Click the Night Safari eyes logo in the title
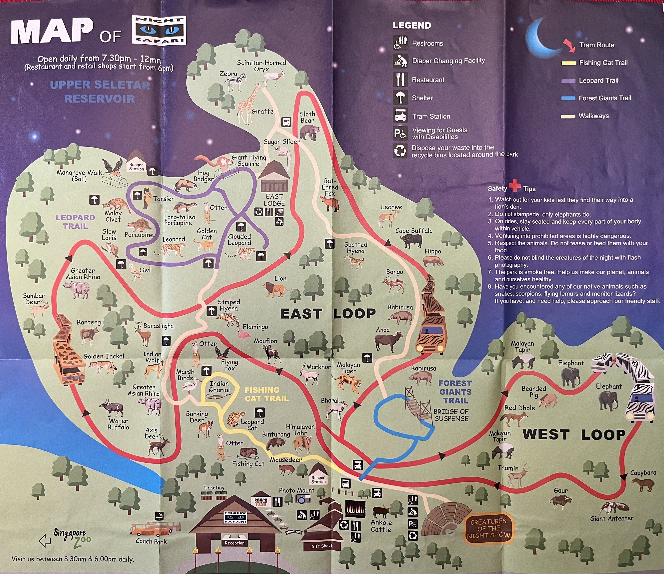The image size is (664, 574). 159,31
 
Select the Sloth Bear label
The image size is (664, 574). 307,117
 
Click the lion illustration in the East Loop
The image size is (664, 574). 275,290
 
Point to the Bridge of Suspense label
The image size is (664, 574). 451,415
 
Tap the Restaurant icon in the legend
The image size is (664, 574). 400,80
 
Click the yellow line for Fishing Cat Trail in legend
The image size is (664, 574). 569,63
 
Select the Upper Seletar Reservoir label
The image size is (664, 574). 100,92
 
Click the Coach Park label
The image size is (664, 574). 151,541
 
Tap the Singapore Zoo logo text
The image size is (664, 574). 72,538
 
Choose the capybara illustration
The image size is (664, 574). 642,484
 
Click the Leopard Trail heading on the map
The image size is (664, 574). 75,222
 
